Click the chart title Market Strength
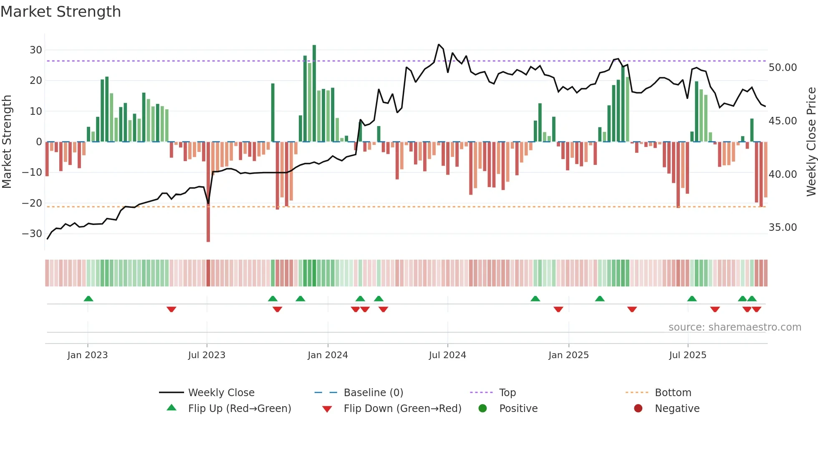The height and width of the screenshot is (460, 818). [x=61, y=12]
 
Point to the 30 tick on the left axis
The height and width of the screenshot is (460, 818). [x=36, y=50]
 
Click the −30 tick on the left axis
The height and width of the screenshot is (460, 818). [x=33, y=234]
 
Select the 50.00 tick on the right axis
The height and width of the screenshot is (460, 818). [x=783, y=68]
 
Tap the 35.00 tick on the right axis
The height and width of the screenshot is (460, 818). [x=783, y=227]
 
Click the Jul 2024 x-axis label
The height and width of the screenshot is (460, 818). [x=447, y=355]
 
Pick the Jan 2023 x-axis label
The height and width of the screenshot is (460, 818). [x=88, y=355]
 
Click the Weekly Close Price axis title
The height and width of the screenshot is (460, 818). [x=811, y=142]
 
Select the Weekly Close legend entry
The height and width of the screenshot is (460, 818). [x=221, y=393]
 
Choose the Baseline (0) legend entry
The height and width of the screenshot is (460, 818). [x=373, y=393]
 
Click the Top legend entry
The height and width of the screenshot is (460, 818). [x=507, y=393]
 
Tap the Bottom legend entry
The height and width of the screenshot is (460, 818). [x=673, y=393]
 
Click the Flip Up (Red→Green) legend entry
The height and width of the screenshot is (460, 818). [x=240, y=409]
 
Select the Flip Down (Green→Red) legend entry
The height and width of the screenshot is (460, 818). [x=402, y=409]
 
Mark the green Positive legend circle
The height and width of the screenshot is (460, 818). [x=483, y=409]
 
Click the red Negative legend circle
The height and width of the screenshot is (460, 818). [x=638, y=409]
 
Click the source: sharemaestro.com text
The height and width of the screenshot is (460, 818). [x=735, y=327]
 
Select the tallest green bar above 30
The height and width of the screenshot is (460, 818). [x=314, y=92]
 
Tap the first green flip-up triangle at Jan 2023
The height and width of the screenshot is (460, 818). [x=88, y=298]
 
